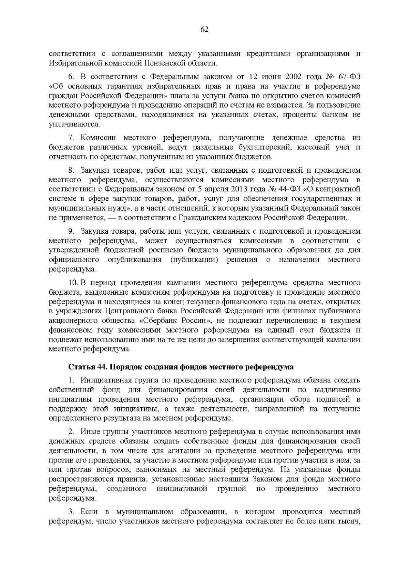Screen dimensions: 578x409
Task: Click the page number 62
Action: (x=204, y=30)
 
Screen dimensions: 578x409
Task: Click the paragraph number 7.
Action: (x=71, y=138)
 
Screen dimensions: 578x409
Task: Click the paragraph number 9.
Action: (x=71, y=231)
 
